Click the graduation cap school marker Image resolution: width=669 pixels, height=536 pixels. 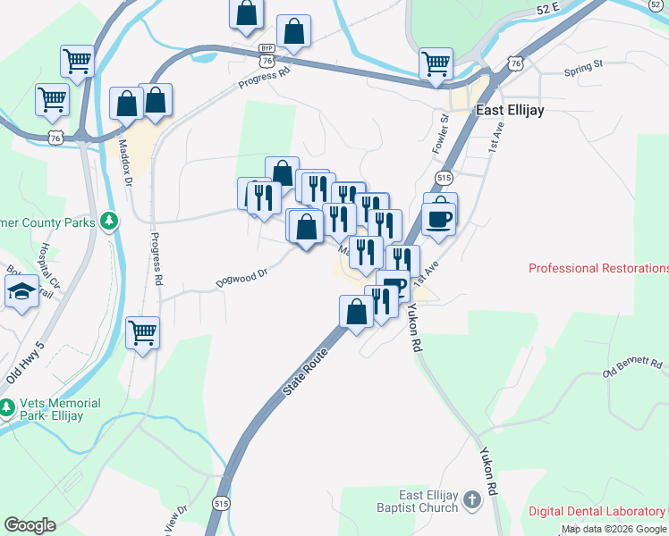pos(21,292)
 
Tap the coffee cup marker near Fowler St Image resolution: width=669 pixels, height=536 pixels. pos(438,217)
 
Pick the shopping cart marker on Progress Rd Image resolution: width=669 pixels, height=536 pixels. pos(142,333)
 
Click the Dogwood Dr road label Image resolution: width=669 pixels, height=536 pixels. pos(241,279)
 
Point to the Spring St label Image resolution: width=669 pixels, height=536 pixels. pos(585,68)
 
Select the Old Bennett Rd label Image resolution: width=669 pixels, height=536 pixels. pos(633,366)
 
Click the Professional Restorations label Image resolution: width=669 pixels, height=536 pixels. pos(598,268)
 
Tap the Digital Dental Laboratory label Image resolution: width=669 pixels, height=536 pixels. pos(597,511)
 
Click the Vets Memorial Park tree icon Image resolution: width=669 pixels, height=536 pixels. pos(7,407)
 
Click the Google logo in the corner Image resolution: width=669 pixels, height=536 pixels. pos(30,525)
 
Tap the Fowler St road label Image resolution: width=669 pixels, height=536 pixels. pos(441,131)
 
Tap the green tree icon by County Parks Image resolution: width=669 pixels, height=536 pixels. pos(110,220)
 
